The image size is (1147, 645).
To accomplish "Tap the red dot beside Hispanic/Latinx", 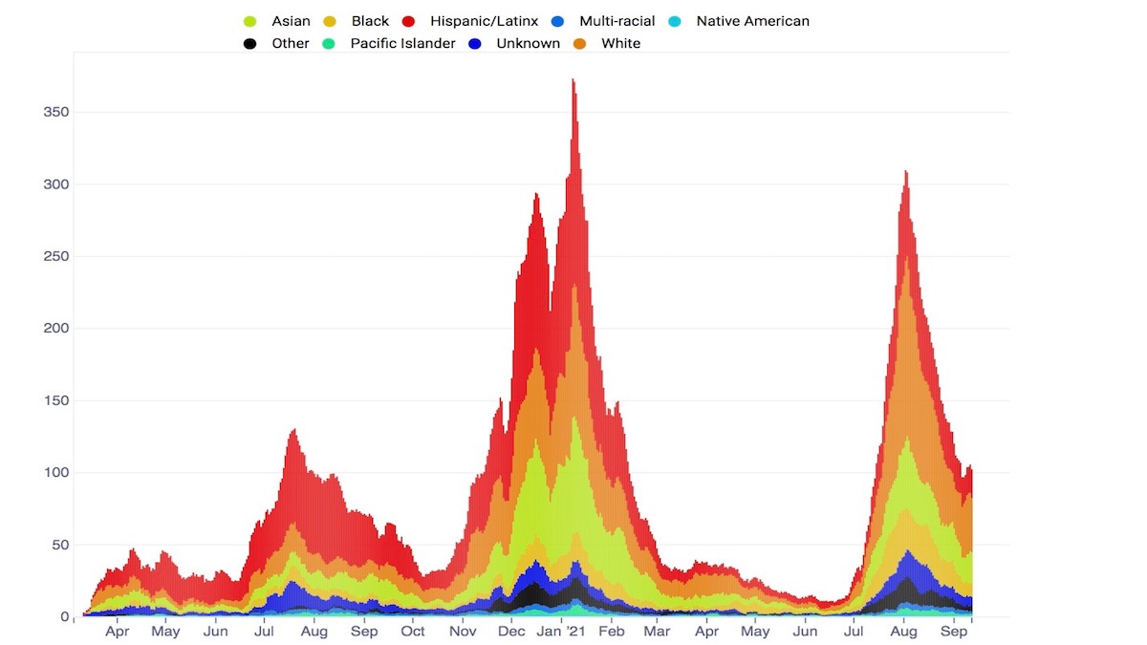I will (x=409, y=21).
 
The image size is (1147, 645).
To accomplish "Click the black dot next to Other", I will (x=250, y=43).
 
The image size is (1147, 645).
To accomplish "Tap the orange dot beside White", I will (x=579, y=43).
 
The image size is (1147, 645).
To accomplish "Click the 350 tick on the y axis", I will (x=58, y=113).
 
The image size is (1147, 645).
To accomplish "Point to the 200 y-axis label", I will (x=58, y=329).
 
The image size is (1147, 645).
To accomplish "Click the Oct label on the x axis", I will (x=413, y=632).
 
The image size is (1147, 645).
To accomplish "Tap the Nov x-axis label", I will (x=463, y=632).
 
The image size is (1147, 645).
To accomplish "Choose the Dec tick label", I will (x=511, y=632).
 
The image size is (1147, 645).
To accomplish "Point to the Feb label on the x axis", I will (x=611, y=632).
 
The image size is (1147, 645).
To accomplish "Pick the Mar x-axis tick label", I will (x=657, y=632).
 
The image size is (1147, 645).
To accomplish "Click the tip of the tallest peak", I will (x=573, y=79).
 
